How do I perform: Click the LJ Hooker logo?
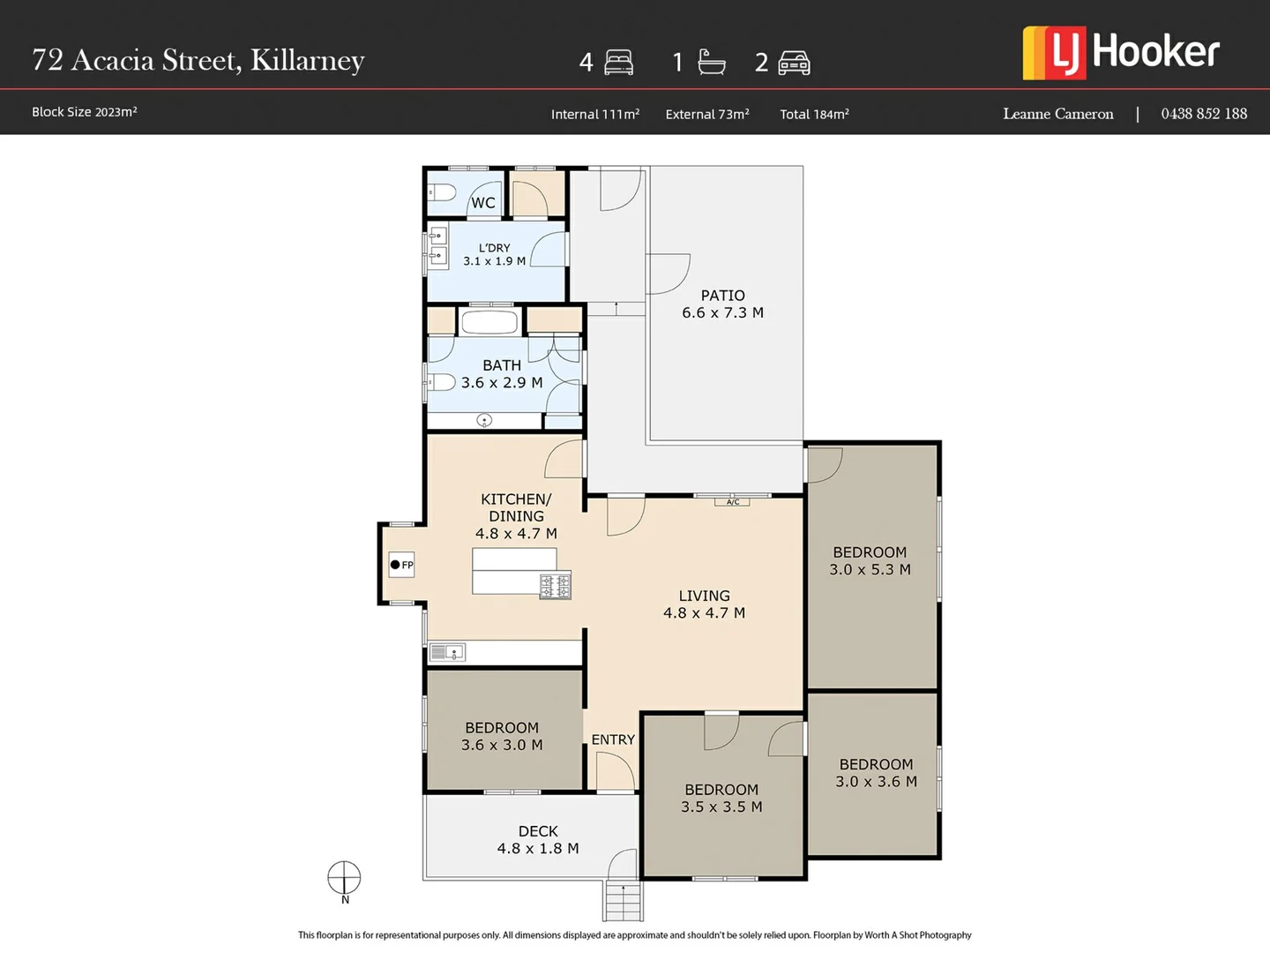point(1121,53)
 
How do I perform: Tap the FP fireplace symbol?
point(401,565)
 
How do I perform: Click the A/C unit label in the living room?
point(733,502)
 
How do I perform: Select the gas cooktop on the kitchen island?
point(556,586)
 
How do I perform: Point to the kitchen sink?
point(447,653)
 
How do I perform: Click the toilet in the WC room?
point(442,191)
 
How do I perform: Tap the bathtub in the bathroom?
point(489,322)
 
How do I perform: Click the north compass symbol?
point(344,878)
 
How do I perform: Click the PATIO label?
point(722,296)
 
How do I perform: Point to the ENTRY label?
point(613,739)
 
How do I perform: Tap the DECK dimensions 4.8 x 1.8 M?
point(538,848)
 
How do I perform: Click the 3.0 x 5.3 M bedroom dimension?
point(870,570)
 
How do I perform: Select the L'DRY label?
point(494,248)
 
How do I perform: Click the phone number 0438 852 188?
point(1204,114)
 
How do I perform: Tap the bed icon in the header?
point(618,63)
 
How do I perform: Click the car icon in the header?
point(794,63)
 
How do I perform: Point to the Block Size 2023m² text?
point(85,112)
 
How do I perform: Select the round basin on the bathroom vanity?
point(484,421)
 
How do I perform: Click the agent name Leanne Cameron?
point(1058,114)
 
